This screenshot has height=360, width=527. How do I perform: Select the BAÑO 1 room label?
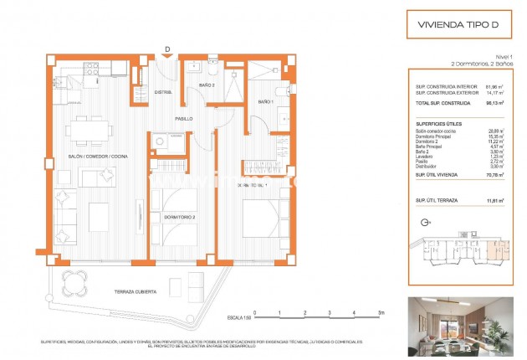(266, 101)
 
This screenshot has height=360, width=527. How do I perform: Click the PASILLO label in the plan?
(184, 119)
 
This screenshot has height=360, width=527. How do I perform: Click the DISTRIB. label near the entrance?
(163, 92)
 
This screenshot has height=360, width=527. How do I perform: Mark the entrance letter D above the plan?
(167, 49)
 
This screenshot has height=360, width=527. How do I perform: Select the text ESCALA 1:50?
(240, 317)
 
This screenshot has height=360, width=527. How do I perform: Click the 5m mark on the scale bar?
(381, 312)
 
